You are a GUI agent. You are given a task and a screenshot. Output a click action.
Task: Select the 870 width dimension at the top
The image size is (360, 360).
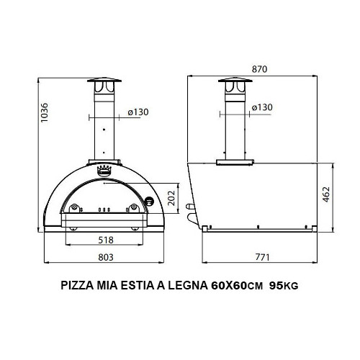pos(260,69)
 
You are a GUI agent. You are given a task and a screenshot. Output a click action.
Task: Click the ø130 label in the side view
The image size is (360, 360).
pos(264,108)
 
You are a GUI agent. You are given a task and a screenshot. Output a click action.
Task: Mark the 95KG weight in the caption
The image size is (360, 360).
pos(283,286)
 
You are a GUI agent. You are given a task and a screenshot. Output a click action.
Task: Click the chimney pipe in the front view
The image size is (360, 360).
pos(105,126)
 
